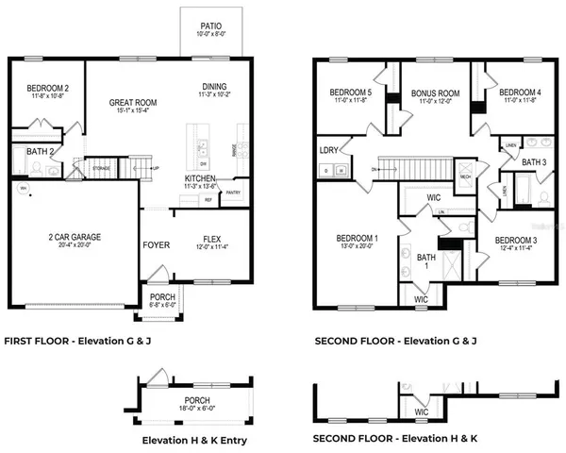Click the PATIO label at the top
[210, 26]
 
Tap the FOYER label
[156, 244]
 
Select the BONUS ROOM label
[434, 93]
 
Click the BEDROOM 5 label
[350, 92]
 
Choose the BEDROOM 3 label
[517, 240]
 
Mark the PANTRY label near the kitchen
[234, 193]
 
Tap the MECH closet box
[465, 176]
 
